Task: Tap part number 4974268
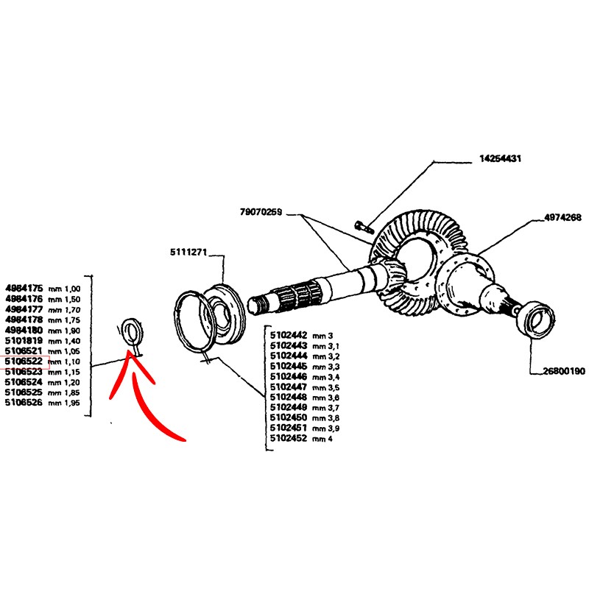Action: (x=563, y=218)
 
